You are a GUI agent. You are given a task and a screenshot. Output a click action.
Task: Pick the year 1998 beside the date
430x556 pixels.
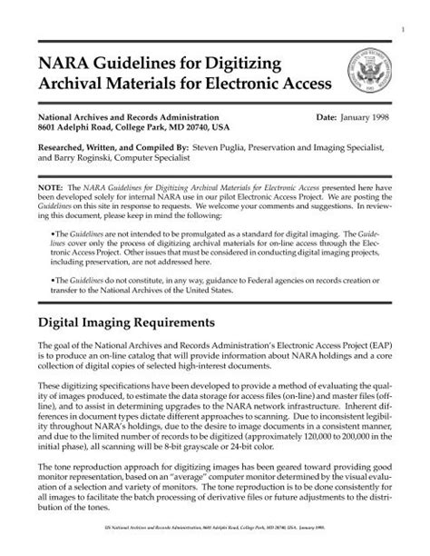coord(357,119)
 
